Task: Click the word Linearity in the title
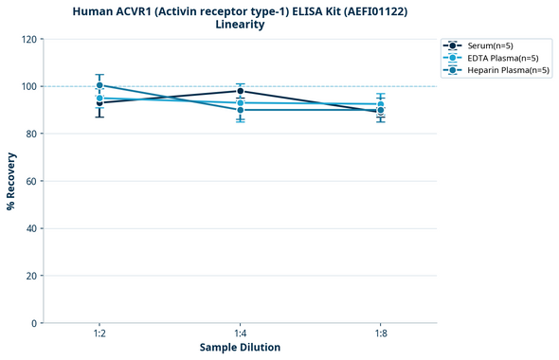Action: pos(240,25)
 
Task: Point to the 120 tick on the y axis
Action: pos(27,39)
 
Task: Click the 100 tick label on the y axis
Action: pos(27,86)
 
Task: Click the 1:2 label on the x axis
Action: pos(99,334)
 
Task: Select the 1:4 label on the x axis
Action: pos(240,334)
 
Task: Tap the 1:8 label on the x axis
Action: pos(380,334)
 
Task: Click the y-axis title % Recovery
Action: pos(11,180)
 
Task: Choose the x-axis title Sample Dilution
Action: pos(240,348)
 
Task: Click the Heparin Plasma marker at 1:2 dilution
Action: pos(99,85)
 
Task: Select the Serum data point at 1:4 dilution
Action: pos(240,91)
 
